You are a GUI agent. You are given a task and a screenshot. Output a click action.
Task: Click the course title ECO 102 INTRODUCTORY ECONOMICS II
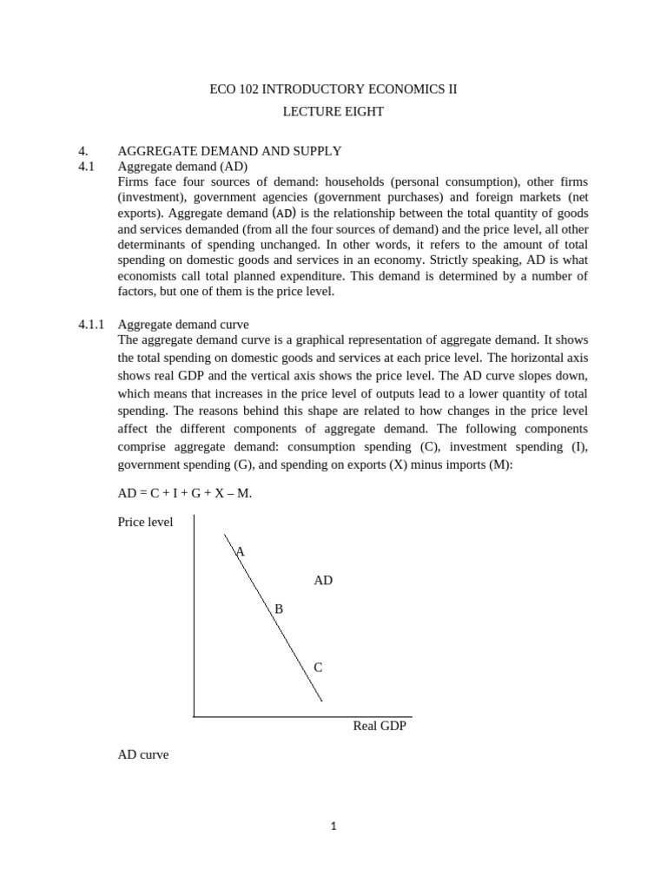pos(333,89)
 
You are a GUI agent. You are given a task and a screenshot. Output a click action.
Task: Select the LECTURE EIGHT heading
pos(333,112)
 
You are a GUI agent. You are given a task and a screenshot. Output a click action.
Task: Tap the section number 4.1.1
pos(90,325)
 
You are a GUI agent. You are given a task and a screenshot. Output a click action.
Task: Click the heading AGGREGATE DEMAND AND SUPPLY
pos(229,151)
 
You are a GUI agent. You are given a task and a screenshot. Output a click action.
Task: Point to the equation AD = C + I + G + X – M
pos(184,493)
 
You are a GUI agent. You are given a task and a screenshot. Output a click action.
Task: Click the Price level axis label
pos(145,522)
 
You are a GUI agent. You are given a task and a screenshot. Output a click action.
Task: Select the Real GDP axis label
pos(380,726)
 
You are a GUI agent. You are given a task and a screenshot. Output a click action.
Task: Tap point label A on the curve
pos(241,551)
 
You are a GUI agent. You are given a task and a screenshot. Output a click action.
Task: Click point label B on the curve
pos(279,609)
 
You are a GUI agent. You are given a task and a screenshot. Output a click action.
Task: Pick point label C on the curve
pos(318,668)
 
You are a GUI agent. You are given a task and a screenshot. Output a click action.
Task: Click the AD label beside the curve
pos(323,580)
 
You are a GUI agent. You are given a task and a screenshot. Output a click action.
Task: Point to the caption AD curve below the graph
pos(143,755)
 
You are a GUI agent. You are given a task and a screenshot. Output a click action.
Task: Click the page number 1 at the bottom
pos(333,826)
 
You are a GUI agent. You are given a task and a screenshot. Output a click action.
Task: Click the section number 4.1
pos(86,166)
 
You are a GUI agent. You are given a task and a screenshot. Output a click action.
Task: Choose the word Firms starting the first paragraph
pos(133,181)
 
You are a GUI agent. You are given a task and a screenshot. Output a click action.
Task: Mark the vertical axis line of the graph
pos(194,616)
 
